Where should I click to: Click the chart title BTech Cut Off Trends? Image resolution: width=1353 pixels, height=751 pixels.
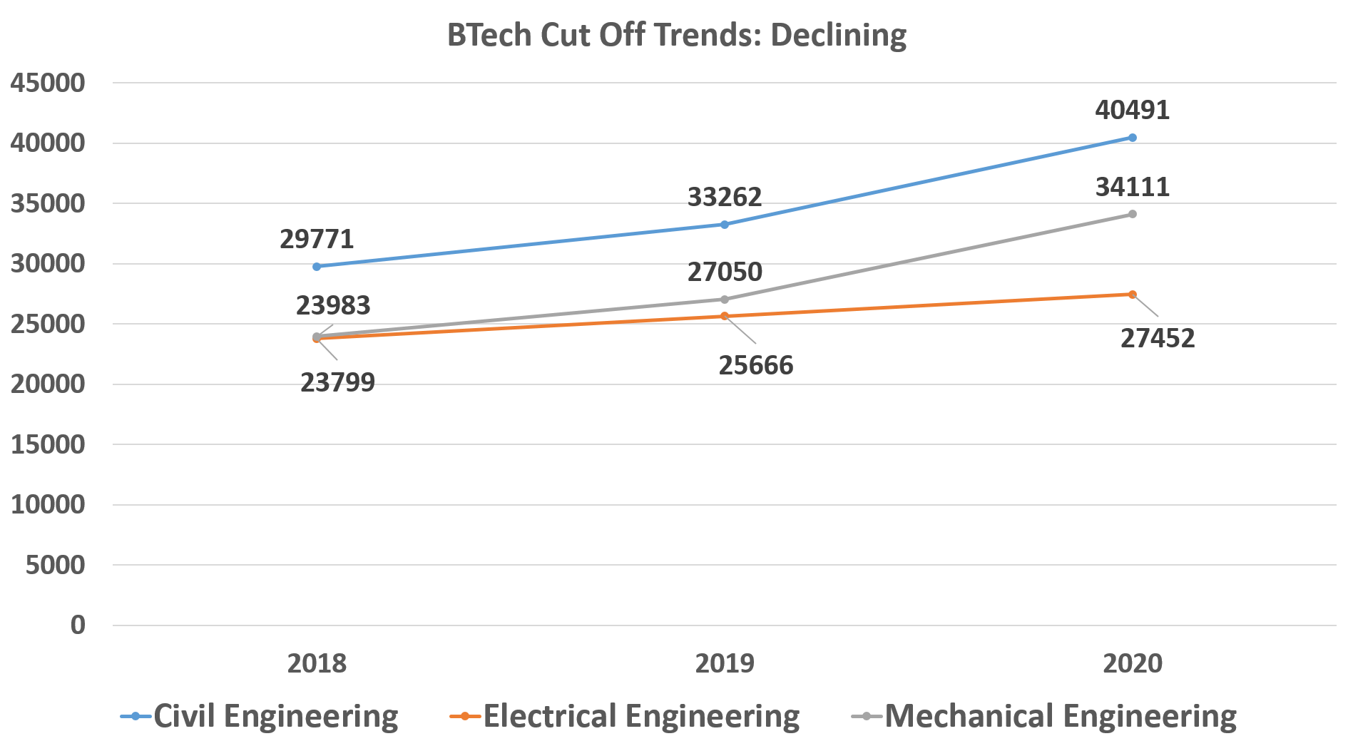click(676, 35)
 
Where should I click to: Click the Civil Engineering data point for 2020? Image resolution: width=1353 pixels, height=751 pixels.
click(1132, 138)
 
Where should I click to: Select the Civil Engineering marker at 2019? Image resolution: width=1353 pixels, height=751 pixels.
click(725, 224)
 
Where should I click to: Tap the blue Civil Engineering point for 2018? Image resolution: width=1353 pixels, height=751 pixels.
click(317, 266)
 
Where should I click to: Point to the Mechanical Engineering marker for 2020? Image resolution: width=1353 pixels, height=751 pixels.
click(1132, 214)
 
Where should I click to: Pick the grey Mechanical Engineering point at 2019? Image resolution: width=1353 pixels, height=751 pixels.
click(725, 300)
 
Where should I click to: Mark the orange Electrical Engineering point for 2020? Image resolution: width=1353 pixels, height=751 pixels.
click(1132, 295)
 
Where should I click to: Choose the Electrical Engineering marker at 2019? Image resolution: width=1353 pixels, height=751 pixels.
click(725, 316)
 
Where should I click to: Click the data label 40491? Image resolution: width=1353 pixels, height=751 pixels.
click(1132, 111)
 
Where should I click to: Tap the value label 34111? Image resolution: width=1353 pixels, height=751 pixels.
click(1132, 188)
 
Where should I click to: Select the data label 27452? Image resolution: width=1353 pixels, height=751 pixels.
click(1157, 338)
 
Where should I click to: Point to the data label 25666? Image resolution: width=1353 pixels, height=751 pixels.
click(755, 365)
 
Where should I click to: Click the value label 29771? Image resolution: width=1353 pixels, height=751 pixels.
click(317, 239)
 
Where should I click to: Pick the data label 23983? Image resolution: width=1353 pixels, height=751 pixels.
click(333, 306)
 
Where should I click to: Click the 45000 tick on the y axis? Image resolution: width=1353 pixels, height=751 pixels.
click(48, 83)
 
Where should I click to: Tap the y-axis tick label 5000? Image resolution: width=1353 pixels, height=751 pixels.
click(55, 565)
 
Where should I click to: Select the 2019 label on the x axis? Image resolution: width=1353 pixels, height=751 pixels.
click(725, 663)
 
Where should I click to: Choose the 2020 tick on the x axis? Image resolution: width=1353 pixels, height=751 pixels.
click(1132, 663)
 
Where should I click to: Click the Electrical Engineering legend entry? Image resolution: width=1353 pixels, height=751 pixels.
click(626, 716)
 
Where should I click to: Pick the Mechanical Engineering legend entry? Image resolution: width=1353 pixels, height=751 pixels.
click(1045, 716)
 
